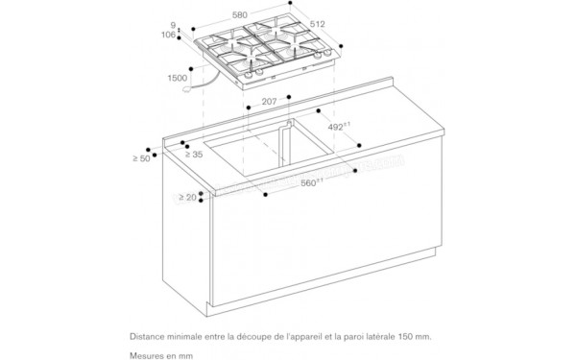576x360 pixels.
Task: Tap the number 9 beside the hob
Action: (x=175, y=25)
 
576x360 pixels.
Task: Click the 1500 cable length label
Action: (x=178, y=81)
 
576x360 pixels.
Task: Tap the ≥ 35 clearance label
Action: (x=192, y=154)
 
